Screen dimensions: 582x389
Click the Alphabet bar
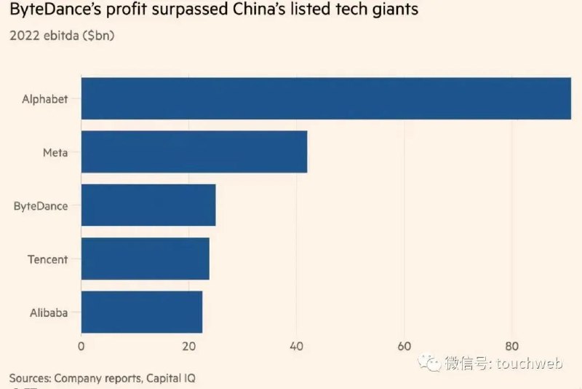tap(326, 98)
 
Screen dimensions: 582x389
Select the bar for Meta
tap(194, 152)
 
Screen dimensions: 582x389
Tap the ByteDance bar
tap(148, 205)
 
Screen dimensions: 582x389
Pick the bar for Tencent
tap(145, 259)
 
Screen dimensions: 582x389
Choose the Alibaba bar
tap(142, 312)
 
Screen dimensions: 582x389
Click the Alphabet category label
tap(45, 99)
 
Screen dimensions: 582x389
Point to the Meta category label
tap(55, 152)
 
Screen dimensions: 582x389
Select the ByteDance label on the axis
tap(41, 206)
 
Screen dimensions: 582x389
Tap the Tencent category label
tap(48, 259)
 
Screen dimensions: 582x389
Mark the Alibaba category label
tap(49, 313)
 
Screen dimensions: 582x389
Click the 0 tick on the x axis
tap(81, 346)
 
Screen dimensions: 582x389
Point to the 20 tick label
tap(189, 346)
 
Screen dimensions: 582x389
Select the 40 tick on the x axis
tap(297, 346)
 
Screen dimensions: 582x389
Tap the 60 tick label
tap(404, 346)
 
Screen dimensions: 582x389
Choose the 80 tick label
tap(512, 346)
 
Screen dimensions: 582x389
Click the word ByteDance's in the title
tap(56, 9)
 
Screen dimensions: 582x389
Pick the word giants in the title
tap(396, 9)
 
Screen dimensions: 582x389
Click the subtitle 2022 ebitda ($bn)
tap(62, 36)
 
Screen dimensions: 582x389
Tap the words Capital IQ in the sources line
tap(171, 378)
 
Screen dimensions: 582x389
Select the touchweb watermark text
tap(530, 363)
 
